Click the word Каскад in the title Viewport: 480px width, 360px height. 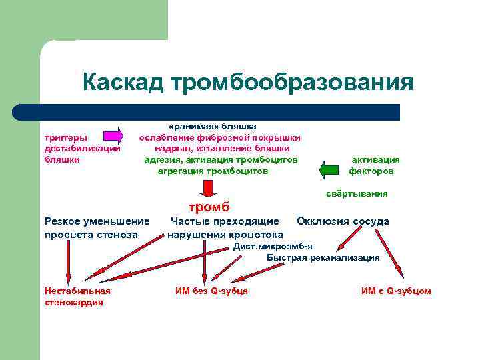pos(123,83)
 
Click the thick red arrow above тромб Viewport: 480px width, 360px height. pos(208,188)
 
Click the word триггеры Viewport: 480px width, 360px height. pos(65,137)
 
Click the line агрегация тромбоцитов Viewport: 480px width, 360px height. pos(213,171)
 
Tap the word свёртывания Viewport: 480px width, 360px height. pos(357,193)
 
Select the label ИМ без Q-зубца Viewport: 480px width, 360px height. pos(211,291)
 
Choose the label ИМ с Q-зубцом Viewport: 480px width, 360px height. pos(396,291)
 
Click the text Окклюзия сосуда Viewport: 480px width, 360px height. pos(343,221)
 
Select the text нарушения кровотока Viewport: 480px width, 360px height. pos(225,234)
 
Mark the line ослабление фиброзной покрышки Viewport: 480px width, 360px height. pos(219,137)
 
